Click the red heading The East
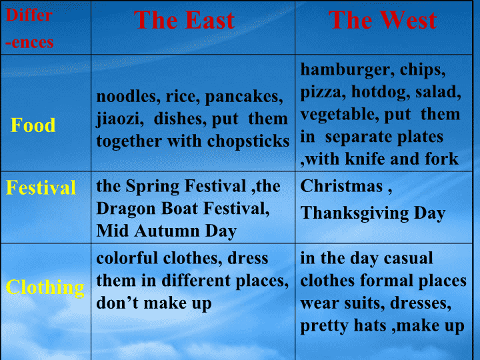tap(184, 20)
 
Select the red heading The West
tap(383, 20)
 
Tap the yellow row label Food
tap(33, 125)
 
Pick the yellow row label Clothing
tap(45, 288)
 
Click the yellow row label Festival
tap(41, 187)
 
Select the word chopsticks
tap(248, 142)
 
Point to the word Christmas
tap(341, 186)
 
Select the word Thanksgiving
tap(355, 213)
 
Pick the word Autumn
tap(167, 231)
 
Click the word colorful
tap(127, 258)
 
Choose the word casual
tap(408, 258)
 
